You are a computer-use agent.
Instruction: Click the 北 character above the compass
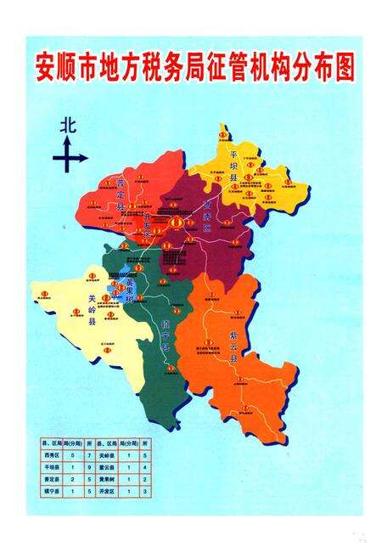pos(68,125)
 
